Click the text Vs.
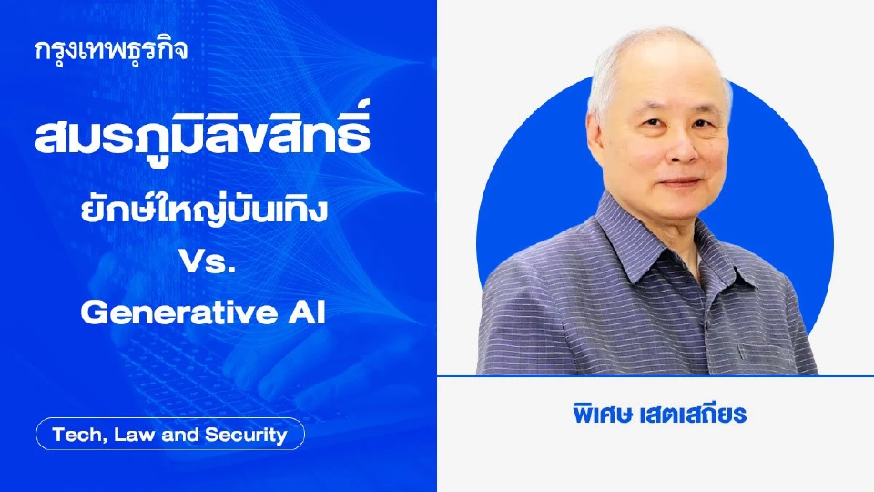(202, 264)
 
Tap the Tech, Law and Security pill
(169, 435)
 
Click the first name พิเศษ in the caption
(595, 413)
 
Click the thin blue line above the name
(655, 375)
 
